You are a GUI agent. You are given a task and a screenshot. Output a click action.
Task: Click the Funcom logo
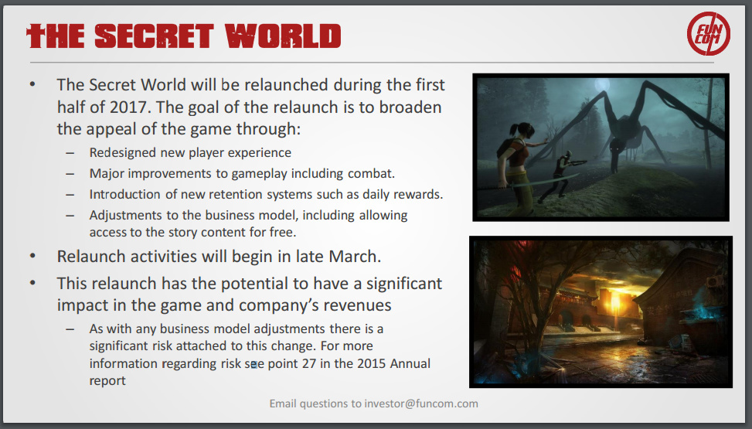(709, 33)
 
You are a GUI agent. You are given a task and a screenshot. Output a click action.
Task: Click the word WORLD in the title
(283, 36)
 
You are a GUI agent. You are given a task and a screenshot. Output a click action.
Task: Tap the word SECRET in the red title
(154, 36)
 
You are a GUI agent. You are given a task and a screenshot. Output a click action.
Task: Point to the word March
(355, 257)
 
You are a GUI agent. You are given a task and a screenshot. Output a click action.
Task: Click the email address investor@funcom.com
(421, 403)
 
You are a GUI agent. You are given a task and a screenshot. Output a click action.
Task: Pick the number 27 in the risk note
(309, 363)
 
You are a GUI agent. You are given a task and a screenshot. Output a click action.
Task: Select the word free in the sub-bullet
(282, 232)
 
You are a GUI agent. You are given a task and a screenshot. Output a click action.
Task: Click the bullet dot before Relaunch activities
(32, 256)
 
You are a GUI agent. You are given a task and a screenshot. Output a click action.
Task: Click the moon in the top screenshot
(602, 85)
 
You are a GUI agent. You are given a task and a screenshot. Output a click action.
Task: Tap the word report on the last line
(107, 381)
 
